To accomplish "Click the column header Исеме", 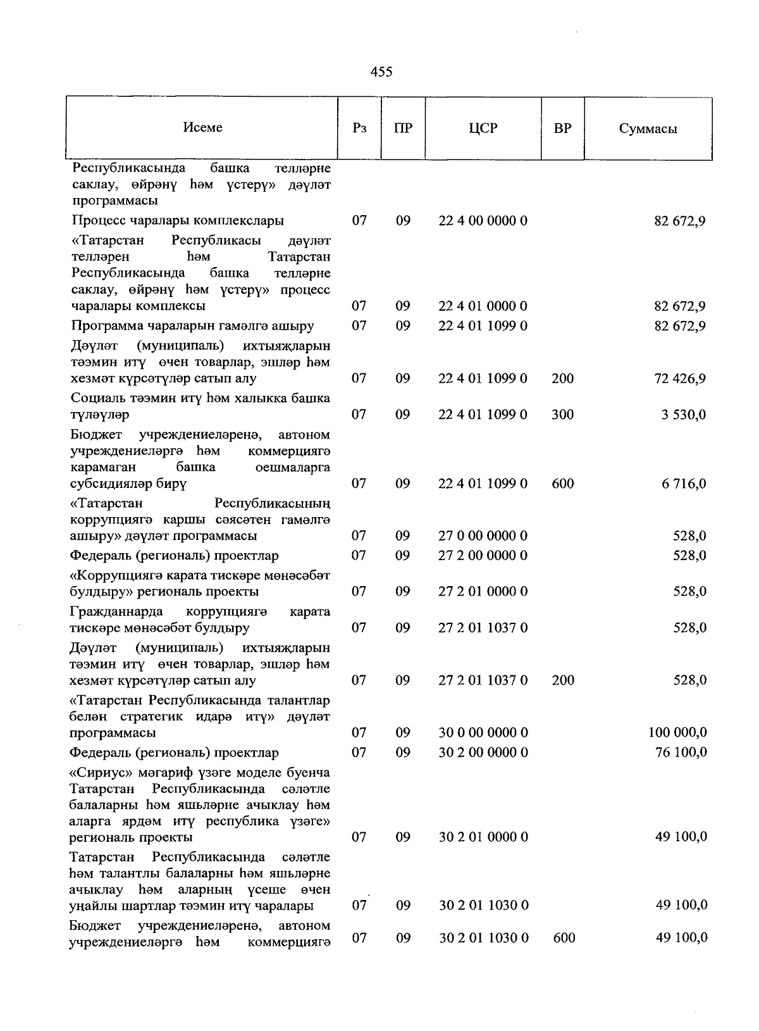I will coord(202,128).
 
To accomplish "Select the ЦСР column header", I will coord(483,128).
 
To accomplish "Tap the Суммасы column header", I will coord(648,129).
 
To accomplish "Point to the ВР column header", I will coord(562,128).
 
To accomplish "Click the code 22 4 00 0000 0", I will coord(483,221).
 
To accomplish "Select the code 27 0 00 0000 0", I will coord(483,536).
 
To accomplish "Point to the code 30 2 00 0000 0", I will coord(483,753).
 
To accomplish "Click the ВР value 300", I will coord(562,415).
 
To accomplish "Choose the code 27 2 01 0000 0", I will coord(483,592).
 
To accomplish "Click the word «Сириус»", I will coord(96,773).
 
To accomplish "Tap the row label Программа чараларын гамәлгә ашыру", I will coord(193,327).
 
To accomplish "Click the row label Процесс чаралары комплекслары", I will coord(178,221).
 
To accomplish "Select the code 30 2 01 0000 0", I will coord(483,837).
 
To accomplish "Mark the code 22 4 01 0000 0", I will coord(483,306).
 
